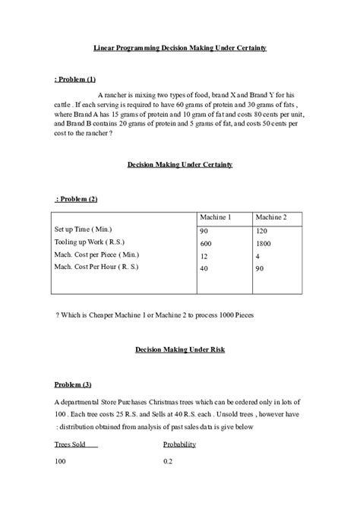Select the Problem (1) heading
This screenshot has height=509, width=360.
point(75,80)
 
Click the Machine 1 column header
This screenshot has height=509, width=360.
point(216,217)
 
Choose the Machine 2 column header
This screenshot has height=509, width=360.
point(271,217)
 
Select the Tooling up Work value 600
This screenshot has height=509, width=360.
point(206,242)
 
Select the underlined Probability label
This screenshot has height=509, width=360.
point(179,444)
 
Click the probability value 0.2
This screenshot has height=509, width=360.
point(168,462)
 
